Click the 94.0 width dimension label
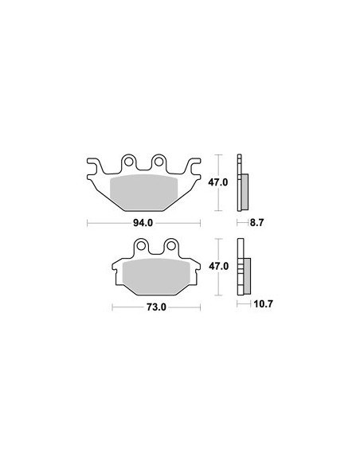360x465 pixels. [x=143, y=223]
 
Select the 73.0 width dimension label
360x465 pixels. [x=156, y=307]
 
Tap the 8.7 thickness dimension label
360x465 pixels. [x=256, y=223]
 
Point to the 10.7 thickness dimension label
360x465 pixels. [x=263, y=304]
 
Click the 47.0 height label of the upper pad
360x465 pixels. [x=218, y=182]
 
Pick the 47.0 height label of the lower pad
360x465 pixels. [x=218, y=266]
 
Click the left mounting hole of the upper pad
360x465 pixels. [x=129, y=162]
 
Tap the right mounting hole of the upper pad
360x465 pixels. [x=159, y=162]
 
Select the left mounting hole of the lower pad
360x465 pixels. [x=141, y=245]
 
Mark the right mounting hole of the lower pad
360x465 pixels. [x=170, y=245]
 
